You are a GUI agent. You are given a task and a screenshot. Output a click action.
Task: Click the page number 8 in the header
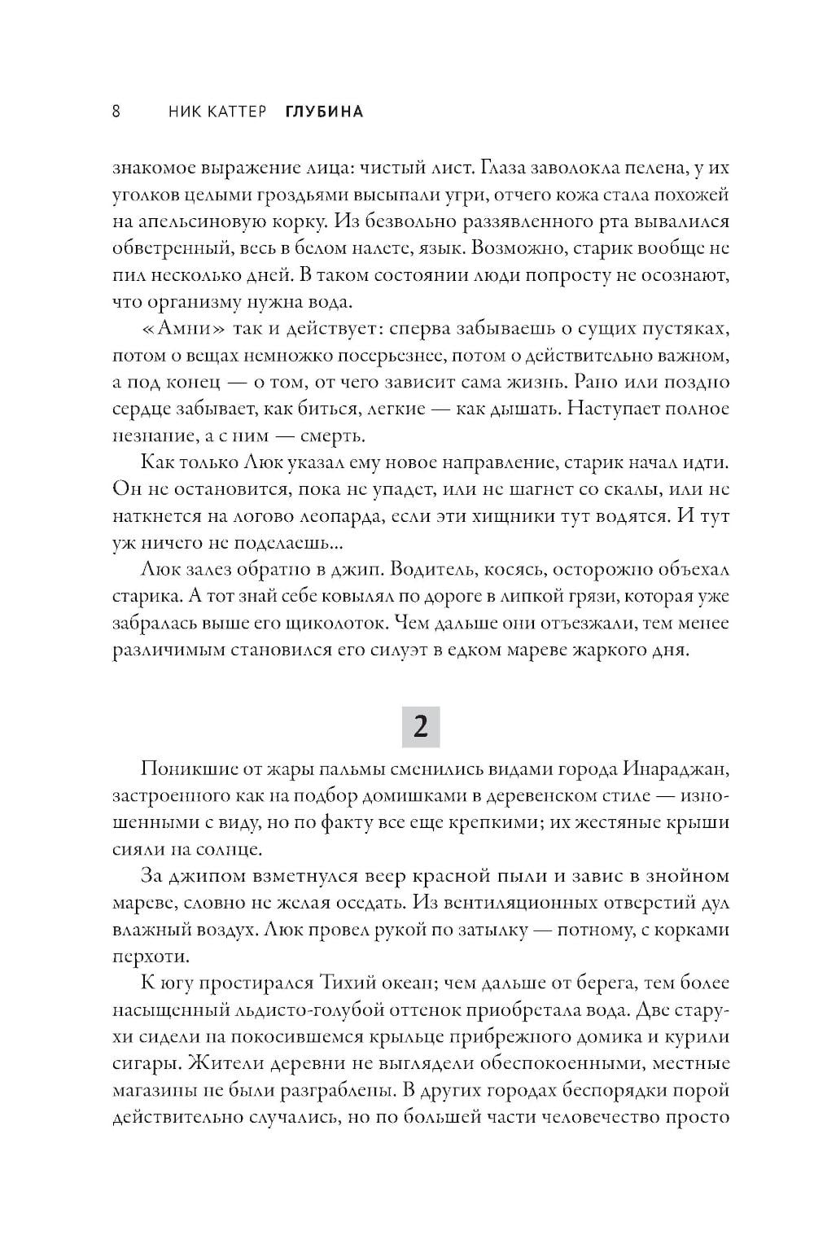(x=116, y=112)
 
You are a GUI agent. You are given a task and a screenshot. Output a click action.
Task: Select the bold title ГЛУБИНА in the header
(x=324, y=112)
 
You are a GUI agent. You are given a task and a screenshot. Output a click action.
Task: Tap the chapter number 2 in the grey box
(x=420, y=726)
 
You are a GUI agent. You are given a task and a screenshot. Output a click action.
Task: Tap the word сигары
(x=143, y=1063)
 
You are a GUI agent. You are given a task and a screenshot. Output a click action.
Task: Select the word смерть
(x=324, y=436)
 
